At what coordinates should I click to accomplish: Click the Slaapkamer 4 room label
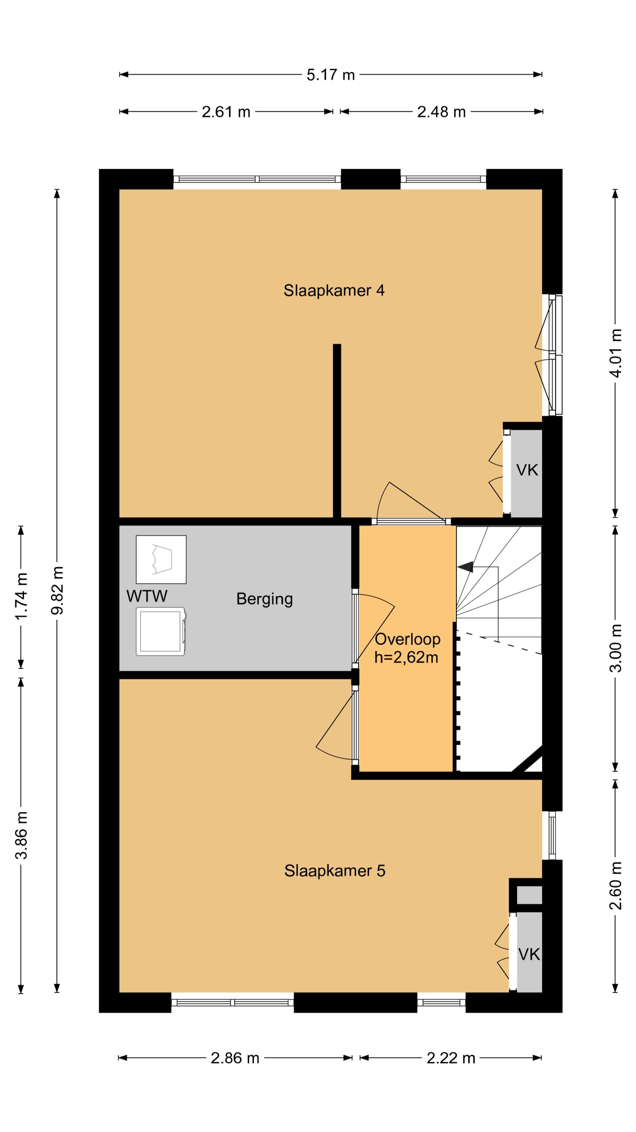click(x=334, y=290)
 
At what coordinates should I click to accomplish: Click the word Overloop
click(x=408, y=639)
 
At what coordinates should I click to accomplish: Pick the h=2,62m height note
click(x=406, y=657)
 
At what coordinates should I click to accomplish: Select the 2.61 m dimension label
click(x=226, y=112)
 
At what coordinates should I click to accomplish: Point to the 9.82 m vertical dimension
click(x=57, y=590)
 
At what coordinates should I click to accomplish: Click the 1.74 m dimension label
click(x=21, y=596)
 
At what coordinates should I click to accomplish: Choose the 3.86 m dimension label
click(x=21, y=835)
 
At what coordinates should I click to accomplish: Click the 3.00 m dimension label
click(x=616, y=648)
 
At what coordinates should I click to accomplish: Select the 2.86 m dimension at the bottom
click(x=235, y=1058)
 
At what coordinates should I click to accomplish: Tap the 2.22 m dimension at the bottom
click(x=451, y=1058)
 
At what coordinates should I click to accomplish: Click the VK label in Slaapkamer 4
click(x=527, y=470)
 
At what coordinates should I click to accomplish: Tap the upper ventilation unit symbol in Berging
click(x=161, y=560)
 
